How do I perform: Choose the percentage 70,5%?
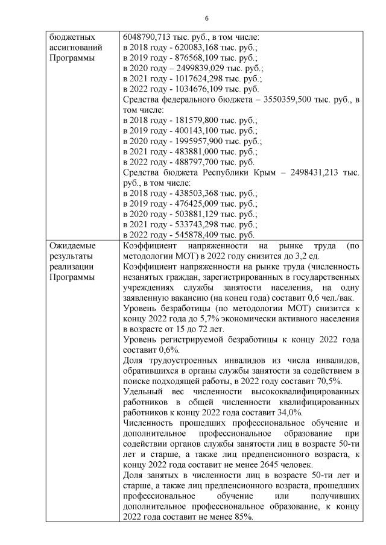328,381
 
